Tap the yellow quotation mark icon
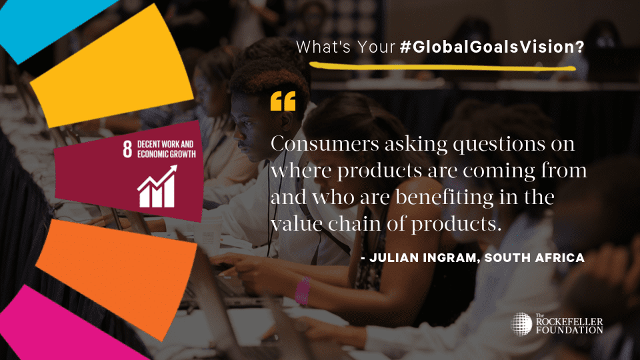coord(283,101)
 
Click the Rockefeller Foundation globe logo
coord(521,324)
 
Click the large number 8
coord(127,149)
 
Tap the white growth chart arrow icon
coord(157,186)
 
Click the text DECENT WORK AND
coord(165,144)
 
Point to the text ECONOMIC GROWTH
coord(167,154)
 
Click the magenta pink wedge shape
coord(61,327)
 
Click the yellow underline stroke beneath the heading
coord(443,67)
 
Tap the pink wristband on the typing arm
coord(303,291)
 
